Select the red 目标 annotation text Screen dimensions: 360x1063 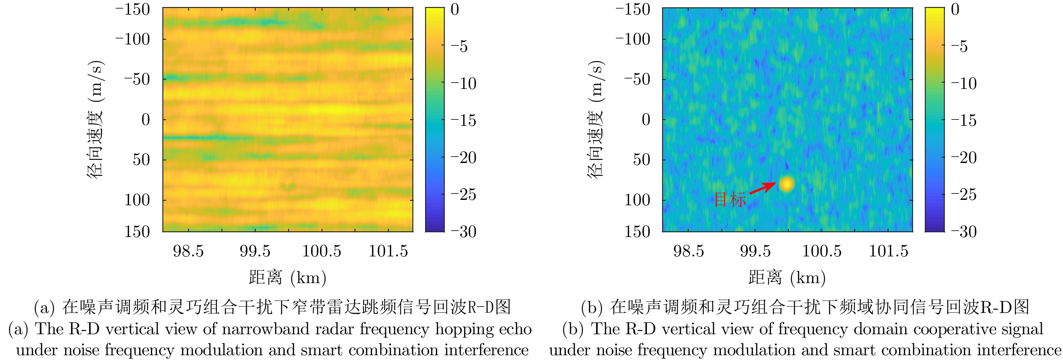[x=729, y=200]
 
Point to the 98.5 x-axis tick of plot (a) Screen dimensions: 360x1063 [x=188, y=251]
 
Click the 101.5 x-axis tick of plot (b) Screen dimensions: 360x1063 [x=889, y=251]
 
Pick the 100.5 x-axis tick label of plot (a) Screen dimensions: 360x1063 [x=322, y=251]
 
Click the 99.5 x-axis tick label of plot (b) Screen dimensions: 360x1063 [x=755, y=251]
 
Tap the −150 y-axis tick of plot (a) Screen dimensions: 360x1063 [x=132, y=9]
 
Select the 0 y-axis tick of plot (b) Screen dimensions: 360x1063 [x=646, y=120]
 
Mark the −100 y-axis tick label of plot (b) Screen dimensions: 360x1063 [x=633, y=40]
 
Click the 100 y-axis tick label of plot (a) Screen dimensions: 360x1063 [x=137, y=200]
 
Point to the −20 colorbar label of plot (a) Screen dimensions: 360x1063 [x=463, y=158]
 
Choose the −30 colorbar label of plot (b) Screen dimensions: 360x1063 [x=964, y=232]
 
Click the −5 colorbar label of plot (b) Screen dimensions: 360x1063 [x=959, y=46]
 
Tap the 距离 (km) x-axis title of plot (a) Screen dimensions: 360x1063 [x=288, y=277]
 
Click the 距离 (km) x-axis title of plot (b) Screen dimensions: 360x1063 [x=787, y=277]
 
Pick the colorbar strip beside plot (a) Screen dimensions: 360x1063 [x=435, y=120]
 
